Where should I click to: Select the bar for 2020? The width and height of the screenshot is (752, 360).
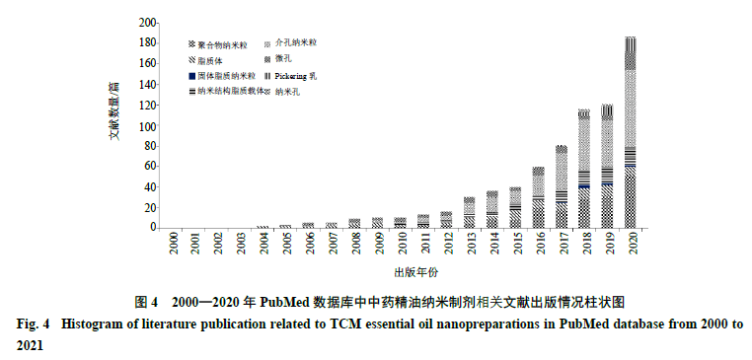point(630,132)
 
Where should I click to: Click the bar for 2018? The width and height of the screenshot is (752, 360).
point(584,169)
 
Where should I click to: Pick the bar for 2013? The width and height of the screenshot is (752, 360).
point(470,212)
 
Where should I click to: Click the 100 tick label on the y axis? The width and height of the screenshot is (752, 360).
point(146,126)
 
